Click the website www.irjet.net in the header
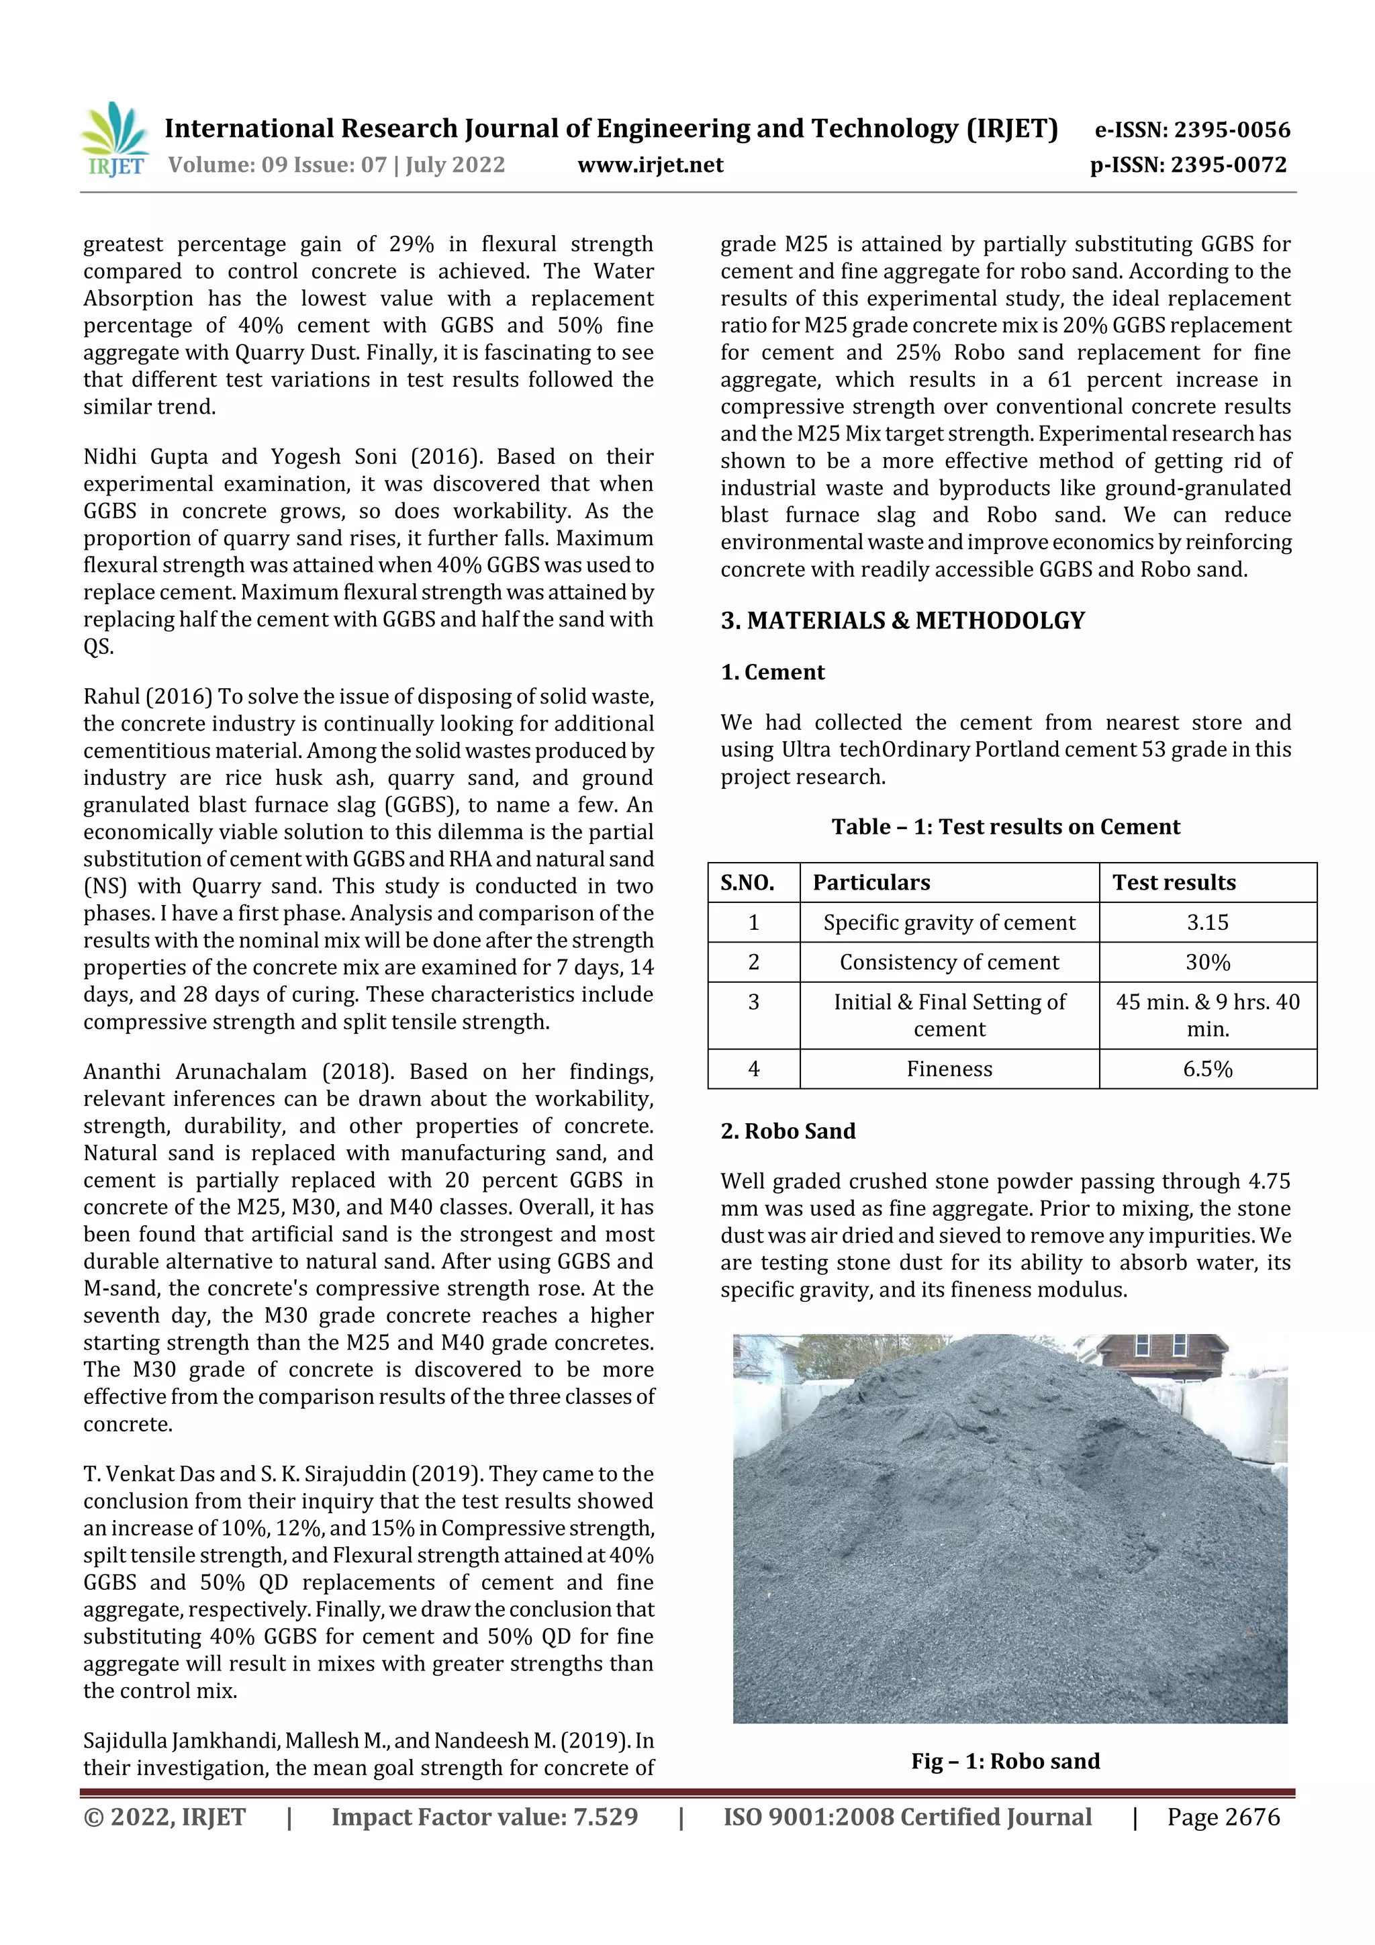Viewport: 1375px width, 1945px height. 650,165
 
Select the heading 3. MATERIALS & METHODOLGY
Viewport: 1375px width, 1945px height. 902,621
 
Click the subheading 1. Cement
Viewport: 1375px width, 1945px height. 772,673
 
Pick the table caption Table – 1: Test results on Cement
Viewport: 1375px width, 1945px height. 1005,826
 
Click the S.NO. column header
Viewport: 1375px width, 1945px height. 747,883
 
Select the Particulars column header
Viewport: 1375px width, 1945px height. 871,883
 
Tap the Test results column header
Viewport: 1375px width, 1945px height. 1174,883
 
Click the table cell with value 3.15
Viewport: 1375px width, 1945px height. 1207,922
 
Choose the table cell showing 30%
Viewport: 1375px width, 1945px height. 1207,962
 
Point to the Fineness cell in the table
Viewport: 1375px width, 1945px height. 949,1069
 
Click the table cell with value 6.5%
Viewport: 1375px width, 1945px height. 1207,1069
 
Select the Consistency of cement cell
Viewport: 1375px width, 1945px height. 949,962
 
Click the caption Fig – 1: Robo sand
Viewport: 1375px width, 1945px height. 1005,1761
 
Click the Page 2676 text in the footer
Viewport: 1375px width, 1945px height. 1223,1817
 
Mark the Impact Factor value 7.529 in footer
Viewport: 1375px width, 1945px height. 485,1817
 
